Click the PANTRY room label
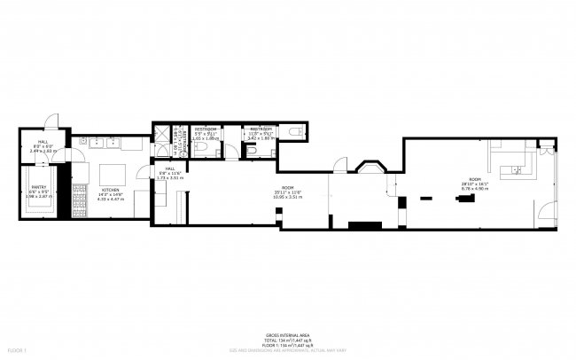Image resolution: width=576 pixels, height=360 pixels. pos(39,187)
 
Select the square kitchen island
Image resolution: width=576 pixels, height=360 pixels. pos(113,172)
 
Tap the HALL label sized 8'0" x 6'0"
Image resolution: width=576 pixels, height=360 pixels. pos(43,143)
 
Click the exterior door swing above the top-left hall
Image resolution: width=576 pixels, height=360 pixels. pos(52,121)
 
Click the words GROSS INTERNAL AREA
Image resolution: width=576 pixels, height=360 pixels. pos(288,335)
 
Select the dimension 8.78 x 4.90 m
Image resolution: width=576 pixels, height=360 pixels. pos(475,188)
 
